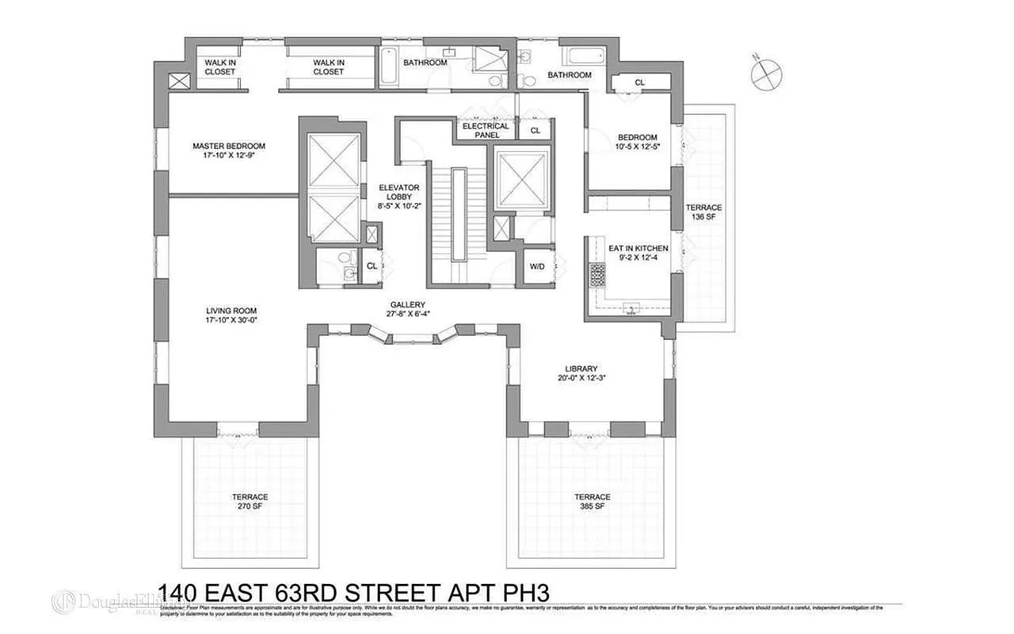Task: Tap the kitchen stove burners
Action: tap(597, 274)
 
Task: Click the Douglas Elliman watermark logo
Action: tap(111, 602)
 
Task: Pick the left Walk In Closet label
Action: tap(220, 67)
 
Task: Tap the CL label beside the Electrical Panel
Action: tap(535, 130)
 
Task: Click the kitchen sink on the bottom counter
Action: tap(631, 307)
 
